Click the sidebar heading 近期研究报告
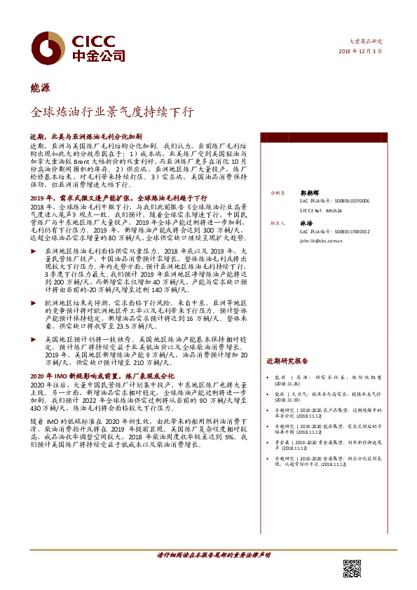[287, 362]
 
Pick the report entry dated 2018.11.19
[329, 398]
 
